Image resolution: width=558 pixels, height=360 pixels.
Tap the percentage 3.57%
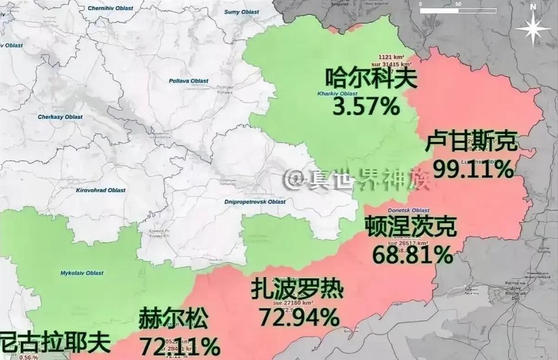[366, 107]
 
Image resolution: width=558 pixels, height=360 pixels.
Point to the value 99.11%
[473, 169]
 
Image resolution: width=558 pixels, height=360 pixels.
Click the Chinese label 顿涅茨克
[410, 227]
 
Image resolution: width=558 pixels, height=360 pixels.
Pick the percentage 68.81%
[412, 255]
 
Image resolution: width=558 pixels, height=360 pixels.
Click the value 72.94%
[299, 317]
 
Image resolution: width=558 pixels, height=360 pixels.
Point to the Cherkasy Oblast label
[60, 117]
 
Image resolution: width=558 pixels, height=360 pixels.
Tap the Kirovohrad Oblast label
[101, 190]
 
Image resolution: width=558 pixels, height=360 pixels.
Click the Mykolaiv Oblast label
[78, 273]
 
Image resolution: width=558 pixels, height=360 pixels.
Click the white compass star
[533, 29]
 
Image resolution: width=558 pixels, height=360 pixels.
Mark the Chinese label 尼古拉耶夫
[55, 343]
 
